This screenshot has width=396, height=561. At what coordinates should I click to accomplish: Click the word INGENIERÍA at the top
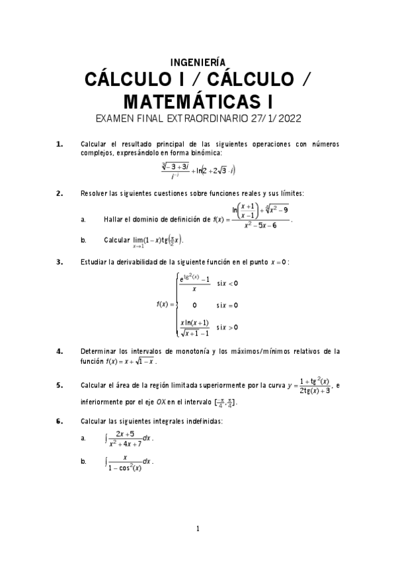pos(198,62)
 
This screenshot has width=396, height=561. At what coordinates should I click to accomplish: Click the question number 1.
pos(59,144)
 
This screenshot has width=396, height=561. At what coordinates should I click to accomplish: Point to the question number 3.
pos(59,261)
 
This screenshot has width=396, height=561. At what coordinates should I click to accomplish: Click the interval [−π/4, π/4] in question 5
pos(221,402)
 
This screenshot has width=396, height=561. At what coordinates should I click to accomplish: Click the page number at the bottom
pos(198,529)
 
